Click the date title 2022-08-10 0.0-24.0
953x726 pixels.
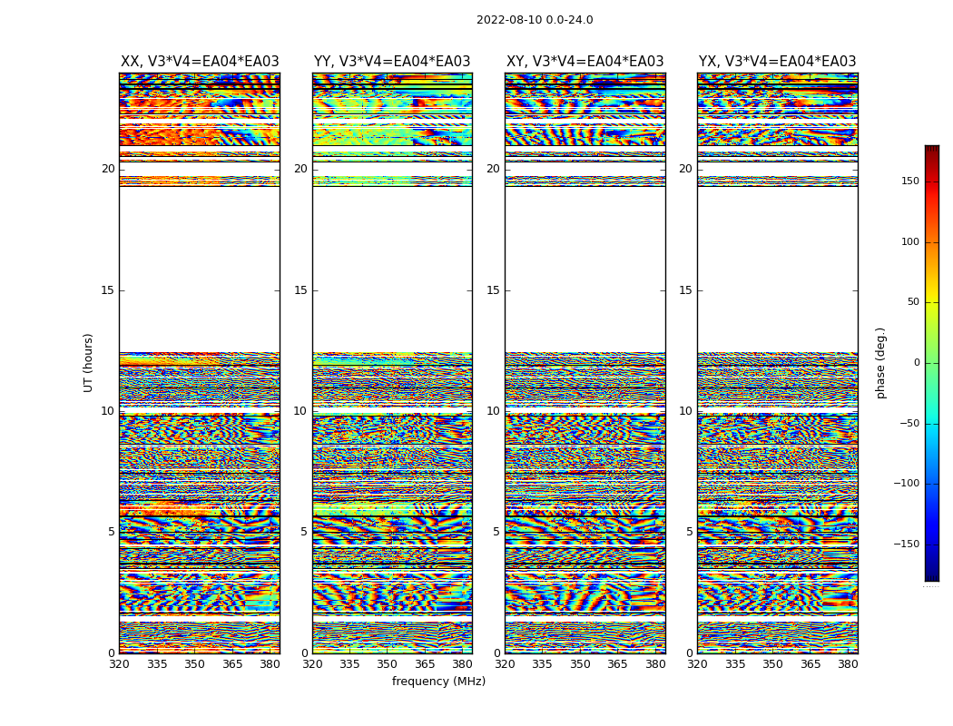[535, 20]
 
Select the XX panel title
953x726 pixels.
[200, 62]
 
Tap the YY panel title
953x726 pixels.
[392, 62]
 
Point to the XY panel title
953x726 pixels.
[585, 62]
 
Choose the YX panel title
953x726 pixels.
[777, 62]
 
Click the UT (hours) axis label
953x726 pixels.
[89, 362]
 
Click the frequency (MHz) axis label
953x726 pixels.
[438, 682]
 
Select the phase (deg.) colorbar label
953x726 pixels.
[881, 362]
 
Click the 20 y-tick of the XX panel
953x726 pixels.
[108, 169]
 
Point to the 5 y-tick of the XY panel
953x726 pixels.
[496, 532]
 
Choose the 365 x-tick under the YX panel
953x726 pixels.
[811, 664]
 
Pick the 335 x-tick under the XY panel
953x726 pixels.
[543, 664]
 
